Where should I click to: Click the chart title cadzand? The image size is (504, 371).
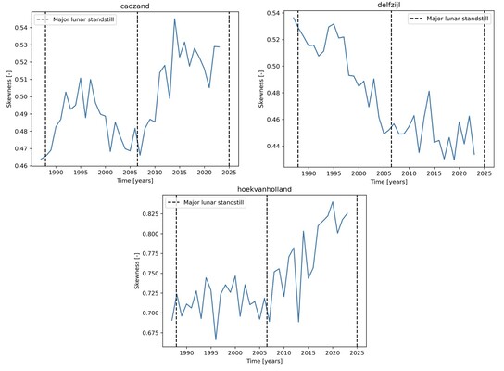[137, 6]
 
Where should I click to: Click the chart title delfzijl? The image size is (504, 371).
[389, 6]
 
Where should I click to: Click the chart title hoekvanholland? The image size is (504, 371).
[262, 189]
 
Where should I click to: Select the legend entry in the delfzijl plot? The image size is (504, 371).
[444, 19]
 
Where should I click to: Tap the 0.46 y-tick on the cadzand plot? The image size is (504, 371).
[22, 166]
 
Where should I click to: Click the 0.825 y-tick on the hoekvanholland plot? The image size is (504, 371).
[149, 213]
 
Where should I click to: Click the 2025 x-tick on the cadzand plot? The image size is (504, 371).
[229, 173]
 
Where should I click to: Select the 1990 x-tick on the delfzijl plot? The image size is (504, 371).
[309, 173]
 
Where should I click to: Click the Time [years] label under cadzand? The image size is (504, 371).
[137, 182]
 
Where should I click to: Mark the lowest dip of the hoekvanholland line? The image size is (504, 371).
[216, 340]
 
